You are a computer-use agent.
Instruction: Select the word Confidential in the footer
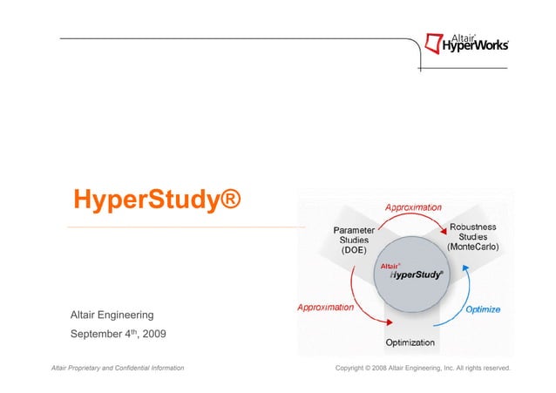[146, 369]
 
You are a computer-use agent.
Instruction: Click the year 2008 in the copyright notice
[384, 369]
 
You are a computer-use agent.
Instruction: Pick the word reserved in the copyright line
[492, 369]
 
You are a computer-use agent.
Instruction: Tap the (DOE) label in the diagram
[354, 250]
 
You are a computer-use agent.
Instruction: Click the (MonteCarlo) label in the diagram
[473, 248]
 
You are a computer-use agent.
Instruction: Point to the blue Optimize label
[482, 308]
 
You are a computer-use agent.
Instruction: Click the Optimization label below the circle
[417, 343]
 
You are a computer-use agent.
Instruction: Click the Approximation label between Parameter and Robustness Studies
[413, 208]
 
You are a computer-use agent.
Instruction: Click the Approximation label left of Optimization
[325, 307]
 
